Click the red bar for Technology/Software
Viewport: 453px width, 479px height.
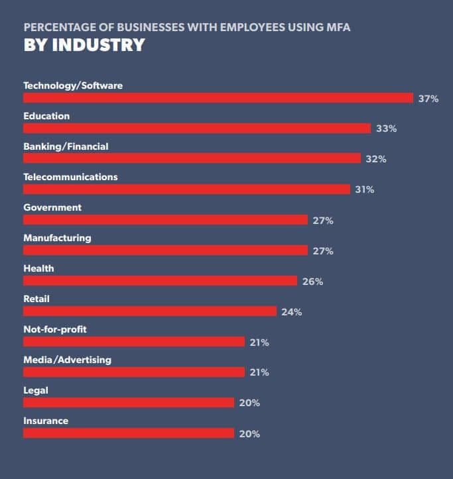click(218, 98)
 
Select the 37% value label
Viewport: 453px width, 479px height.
click(428, 98)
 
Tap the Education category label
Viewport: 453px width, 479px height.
click(46, 116)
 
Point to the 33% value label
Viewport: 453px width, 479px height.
click(386, 129)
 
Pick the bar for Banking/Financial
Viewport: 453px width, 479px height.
click(192, 159)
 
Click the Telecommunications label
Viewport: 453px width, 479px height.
click(70, 177)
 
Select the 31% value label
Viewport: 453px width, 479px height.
click(365, 189)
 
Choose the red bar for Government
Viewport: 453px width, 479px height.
click(166, 220)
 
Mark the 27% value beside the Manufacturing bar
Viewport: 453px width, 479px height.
click(323, 251)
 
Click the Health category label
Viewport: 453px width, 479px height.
click(38, 268)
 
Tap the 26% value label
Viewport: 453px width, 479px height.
click(312, 282)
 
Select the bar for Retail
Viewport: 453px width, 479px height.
click(150, 311)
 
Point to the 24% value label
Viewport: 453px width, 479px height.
click(291, 312)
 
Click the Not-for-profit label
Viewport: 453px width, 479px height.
click(55, 329)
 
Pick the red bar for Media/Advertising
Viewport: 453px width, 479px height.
click(134, 372)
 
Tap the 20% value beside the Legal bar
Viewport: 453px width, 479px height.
click(249, 403)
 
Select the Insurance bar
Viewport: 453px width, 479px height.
click(129, 433)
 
